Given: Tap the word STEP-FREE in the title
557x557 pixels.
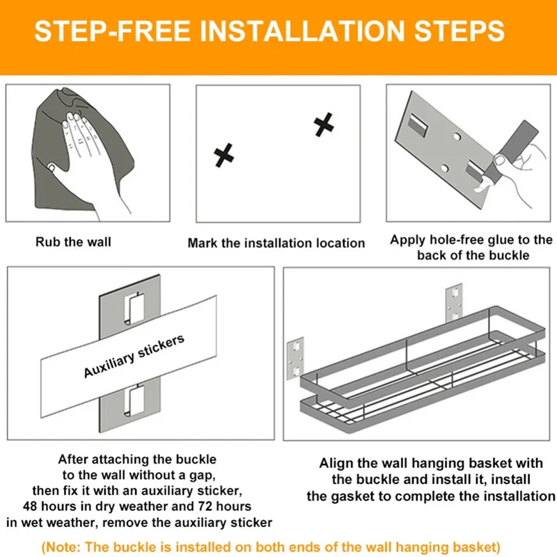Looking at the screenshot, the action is point(112,31).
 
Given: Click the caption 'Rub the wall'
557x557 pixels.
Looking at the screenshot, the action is point(73,242).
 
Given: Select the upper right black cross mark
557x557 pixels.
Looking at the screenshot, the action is point(324,125).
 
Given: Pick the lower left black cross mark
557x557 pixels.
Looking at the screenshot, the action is point(223,155).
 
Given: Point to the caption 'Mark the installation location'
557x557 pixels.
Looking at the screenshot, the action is point(276,243).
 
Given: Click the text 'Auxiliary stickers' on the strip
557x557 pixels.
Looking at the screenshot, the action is point(134,356).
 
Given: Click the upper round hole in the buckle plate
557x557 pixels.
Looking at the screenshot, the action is point(457,136).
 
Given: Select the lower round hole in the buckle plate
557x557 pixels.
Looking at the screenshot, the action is point(444,167).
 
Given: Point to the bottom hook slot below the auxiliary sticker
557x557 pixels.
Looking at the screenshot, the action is point(134,401).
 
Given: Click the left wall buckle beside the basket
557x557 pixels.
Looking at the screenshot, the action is point(295,358).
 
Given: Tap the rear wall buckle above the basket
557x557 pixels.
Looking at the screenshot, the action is point(454,301).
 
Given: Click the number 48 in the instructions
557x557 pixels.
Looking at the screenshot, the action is point(30,506).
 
